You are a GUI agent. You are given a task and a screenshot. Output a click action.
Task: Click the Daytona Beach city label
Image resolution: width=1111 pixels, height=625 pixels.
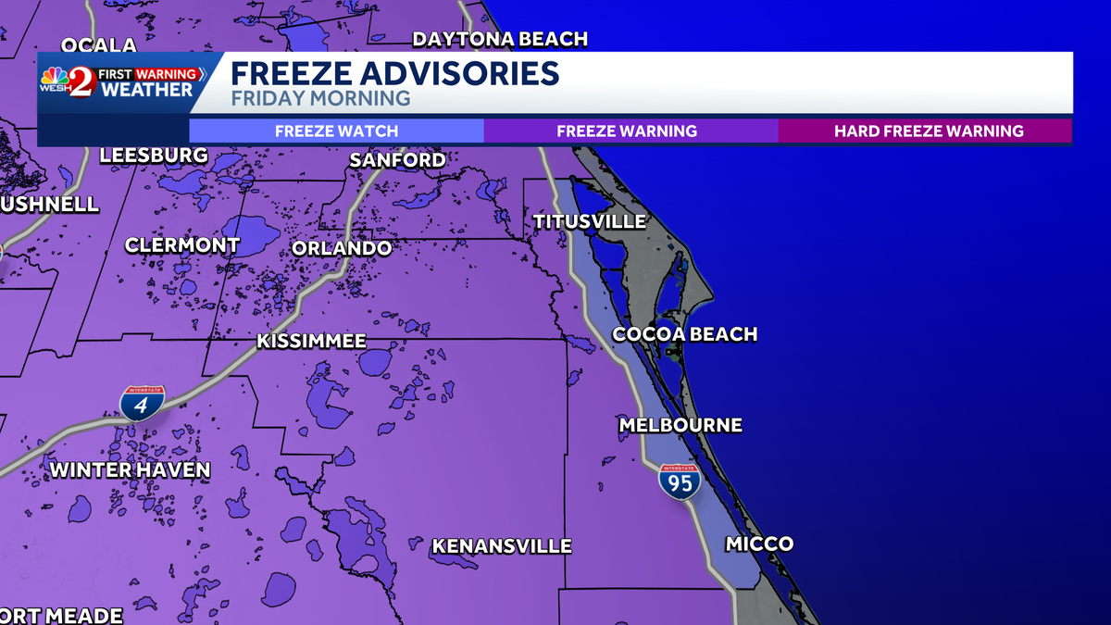500,39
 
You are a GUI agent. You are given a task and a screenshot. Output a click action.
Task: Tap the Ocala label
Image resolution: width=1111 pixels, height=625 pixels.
98,45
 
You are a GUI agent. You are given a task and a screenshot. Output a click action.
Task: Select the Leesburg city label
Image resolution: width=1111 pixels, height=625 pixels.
154,156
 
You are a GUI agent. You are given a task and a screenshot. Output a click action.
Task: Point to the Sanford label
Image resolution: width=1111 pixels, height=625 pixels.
397,160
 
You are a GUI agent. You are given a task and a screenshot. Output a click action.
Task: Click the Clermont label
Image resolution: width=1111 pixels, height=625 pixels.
182,245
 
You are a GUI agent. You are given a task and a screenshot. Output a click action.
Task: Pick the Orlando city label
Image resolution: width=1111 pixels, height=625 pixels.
342,248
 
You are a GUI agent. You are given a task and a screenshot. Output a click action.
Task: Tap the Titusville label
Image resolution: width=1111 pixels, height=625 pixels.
590,221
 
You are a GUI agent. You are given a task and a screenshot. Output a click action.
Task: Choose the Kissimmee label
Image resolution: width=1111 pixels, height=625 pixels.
311,342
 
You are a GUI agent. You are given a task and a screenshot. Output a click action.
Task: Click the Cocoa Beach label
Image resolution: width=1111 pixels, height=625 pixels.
685,334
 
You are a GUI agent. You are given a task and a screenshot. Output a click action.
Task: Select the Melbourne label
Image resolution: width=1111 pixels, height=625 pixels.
680,425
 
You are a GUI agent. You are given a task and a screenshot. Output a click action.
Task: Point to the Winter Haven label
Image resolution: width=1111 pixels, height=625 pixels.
130,470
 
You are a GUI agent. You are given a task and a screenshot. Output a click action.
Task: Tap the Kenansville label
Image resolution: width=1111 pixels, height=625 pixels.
501,546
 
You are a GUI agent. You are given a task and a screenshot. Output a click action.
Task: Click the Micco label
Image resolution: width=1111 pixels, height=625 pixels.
759,544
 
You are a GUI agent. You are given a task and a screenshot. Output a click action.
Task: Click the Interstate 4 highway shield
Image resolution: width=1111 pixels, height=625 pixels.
142,404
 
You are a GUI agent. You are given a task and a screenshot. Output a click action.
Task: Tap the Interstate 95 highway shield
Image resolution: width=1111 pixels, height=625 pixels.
679,482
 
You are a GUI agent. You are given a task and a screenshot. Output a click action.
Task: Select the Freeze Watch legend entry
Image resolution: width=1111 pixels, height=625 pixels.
336,131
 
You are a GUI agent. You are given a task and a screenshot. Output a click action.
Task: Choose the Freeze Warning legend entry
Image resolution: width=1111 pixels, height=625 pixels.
627,131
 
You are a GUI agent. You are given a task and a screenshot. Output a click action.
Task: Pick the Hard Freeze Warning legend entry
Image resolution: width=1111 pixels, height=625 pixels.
929,131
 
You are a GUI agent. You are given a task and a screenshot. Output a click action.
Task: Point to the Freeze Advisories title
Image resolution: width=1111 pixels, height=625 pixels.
394,73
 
